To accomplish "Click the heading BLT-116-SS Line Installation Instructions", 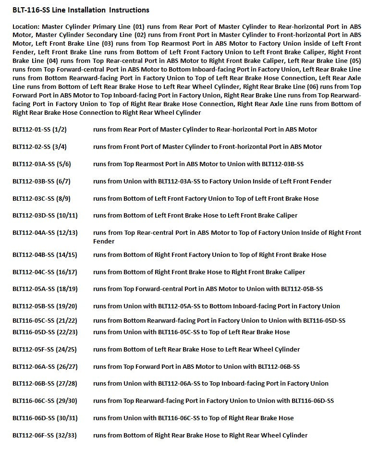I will coord(81,10).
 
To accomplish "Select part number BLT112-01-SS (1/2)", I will coord(39,130).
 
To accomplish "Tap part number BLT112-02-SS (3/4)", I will coord(39,147).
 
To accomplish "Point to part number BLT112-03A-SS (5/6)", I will coord(42,164).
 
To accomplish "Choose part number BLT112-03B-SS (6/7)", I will coord(42,182).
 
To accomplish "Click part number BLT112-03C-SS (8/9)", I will coord(42,199).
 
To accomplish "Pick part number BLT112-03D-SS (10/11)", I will coord(45,216).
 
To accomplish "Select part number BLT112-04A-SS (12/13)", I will coord(45,233).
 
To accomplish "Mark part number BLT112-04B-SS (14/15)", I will coord(45,255).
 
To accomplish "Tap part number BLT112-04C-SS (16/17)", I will coord(45,272).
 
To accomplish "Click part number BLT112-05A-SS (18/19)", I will coord(45,289).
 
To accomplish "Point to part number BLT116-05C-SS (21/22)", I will coord(45,321).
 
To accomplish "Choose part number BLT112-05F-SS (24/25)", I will coord(45,350).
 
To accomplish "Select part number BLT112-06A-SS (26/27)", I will coord(45,367).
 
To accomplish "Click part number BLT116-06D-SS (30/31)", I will coord(45,418).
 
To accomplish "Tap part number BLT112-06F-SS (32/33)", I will coord(45,436).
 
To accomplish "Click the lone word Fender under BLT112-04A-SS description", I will coord(104,242).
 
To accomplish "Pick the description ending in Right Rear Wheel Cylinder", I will coord(200,436).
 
